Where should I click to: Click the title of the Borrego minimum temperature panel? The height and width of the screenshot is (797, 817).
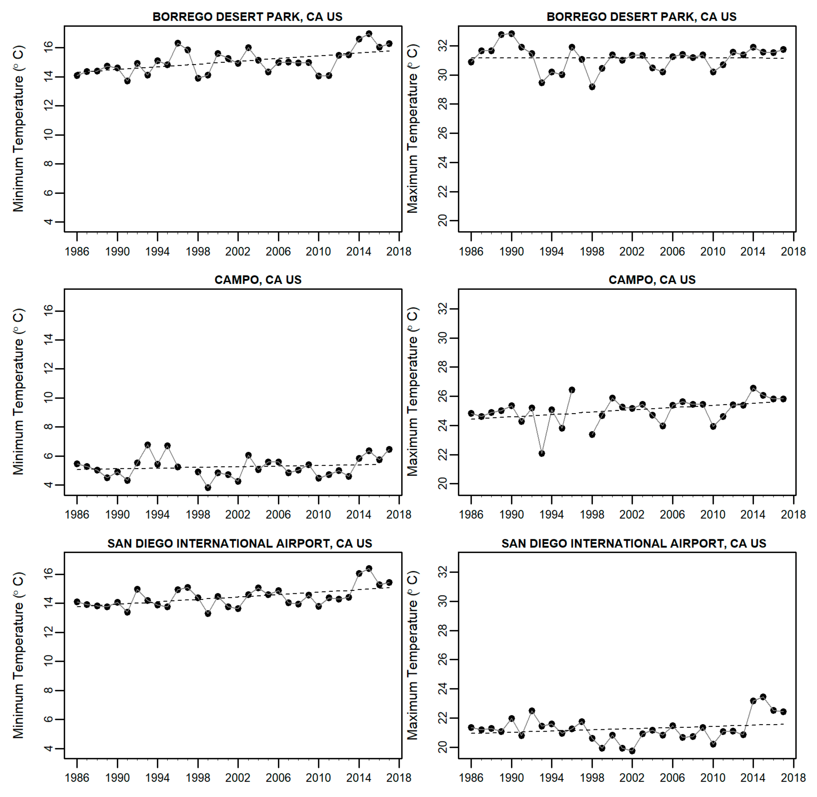click(x=247, y=17)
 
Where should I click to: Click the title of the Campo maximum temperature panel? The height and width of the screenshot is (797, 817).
click(x=652, y=279)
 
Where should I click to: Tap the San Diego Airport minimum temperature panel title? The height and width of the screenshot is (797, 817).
click(x=240, y=543)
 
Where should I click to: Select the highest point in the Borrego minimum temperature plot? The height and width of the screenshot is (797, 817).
click(x=369, y=34)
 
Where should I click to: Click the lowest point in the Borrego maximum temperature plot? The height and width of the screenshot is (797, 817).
click(x=592, y=87)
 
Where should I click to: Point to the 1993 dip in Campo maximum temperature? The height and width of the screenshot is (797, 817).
click(x=542, y=453)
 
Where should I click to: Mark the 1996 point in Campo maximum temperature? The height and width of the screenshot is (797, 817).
click(x=572, y=390)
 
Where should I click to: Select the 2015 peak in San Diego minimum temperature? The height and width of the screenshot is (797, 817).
click(x=369, y=569)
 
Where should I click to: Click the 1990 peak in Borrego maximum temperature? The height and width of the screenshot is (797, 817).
click(x=511, y=34)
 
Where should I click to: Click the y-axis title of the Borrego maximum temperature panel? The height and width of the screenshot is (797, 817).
click(x=412, y=129)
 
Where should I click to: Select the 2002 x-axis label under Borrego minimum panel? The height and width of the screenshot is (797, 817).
click(x=238, y=252)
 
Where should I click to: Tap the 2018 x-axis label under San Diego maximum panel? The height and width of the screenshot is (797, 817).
click(x=793, y=778)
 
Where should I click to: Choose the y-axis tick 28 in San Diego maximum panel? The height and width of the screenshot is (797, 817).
click(x=442, y=631)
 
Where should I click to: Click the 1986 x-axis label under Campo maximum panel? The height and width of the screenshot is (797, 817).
click(x=471, y=515)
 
